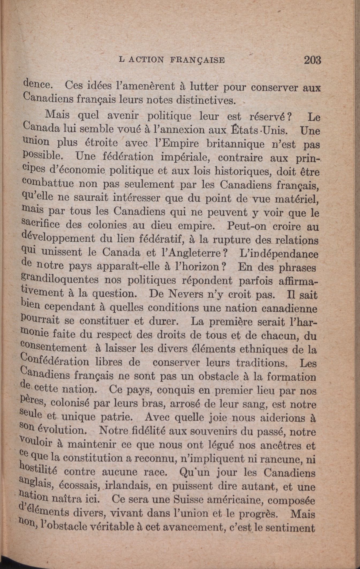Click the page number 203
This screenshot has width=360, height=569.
[x=312, y=60]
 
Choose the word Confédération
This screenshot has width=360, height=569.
[x=55, y=361]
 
